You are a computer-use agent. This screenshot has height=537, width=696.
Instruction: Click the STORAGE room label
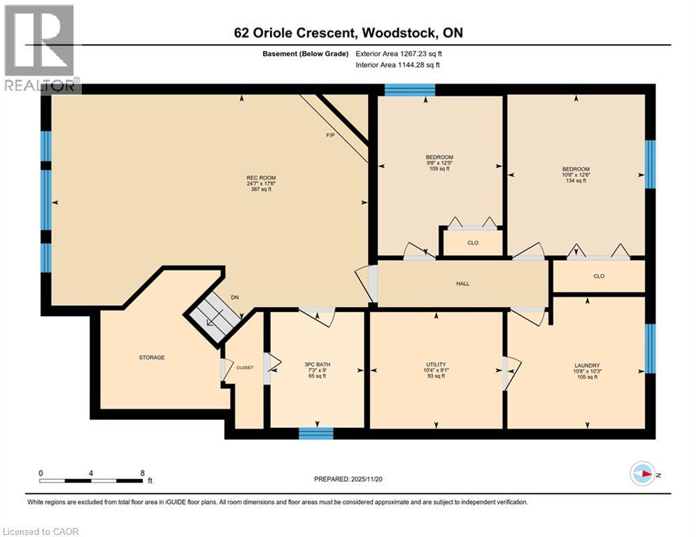point(152,357)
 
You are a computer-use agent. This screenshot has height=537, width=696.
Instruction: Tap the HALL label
point(462,284)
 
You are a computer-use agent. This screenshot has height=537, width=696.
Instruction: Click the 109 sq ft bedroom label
point(439,162)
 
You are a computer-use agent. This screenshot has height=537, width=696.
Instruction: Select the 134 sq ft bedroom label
point(576,174)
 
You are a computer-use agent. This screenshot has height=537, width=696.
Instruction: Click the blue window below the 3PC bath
point(316,434)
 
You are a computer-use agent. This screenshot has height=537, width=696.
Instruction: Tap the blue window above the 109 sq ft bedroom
point(410,89)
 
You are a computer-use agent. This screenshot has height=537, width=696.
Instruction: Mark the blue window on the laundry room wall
point(650,348)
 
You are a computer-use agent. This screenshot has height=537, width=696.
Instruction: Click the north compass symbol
point(642,473)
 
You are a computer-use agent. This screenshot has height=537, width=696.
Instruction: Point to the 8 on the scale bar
point(143,473)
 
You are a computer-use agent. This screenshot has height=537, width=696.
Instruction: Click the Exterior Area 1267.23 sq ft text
point(399,54)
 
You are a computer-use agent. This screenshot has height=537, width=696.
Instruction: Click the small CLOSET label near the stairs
point(245,367)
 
